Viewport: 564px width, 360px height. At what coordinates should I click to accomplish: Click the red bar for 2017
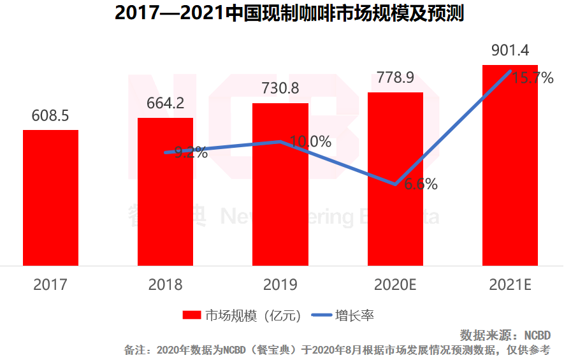[x=50, y=198]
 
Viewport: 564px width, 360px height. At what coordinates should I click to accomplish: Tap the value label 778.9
[x=395, y=78]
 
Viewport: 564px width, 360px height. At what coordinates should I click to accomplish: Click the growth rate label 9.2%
[x=191, y=152]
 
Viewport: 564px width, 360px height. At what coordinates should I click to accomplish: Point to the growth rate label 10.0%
[x=310, y=141]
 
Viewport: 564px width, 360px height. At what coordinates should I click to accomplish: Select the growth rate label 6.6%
[x=421, y=185]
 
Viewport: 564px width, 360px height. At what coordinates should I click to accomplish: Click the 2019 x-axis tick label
[x=280, y=284]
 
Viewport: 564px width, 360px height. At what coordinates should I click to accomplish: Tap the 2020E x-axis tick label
[x=395, y=284]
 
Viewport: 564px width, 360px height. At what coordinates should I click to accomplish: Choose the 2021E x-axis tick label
[x=510, y=284]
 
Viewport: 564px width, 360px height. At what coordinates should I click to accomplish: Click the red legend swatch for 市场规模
[x=192, y=315]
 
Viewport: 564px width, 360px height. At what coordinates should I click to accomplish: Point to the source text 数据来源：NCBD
[x=505, y=335]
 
